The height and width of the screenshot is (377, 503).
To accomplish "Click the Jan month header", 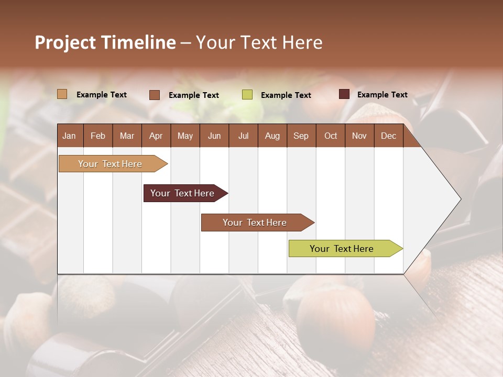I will (70, 136).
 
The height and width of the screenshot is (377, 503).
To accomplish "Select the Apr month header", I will (156, 136).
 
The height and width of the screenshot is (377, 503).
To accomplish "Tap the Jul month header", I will (243, 136).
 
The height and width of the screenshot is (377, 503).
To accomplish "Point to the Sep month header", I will (301, 136).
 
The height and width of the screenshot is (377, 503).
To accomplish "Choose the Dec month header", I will (388, 136).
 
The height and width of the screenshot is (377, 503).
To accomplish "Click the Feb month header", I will (98, 136).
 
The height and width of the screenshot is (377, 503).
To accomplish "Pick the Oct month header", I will (331, 136).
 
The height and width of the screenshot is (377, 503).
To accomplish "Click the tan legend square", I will (62, 94).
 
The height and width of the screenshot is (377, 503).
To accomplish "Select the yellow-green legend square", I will (247, 95).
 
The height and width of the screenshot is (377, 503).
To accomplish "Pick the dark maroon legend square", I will (344, 94).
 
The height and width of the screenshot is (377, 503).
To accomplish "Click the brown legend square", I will (155, 95).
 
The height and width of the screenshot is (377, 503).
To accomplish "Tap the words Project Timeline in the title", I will (105, 42).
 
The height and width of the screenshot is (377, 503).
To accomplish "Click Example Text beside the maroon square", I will (382, 95).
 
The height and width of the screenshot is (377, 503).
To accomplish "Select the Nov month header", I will (359, 136).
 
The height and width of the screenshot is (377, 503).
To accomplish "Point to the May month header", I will (185, 136).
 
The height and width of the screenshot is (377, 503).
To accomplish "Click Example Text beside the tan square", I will (102, 95).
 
